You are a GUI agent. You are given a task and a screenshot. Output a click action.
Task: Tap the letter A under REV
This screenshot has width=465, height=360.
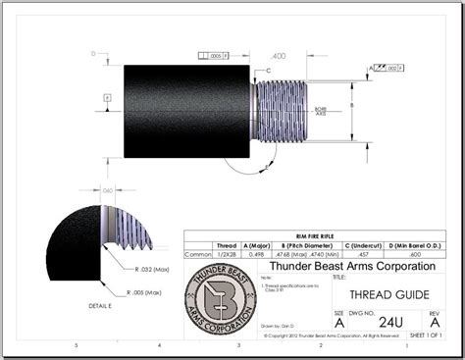435,320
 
